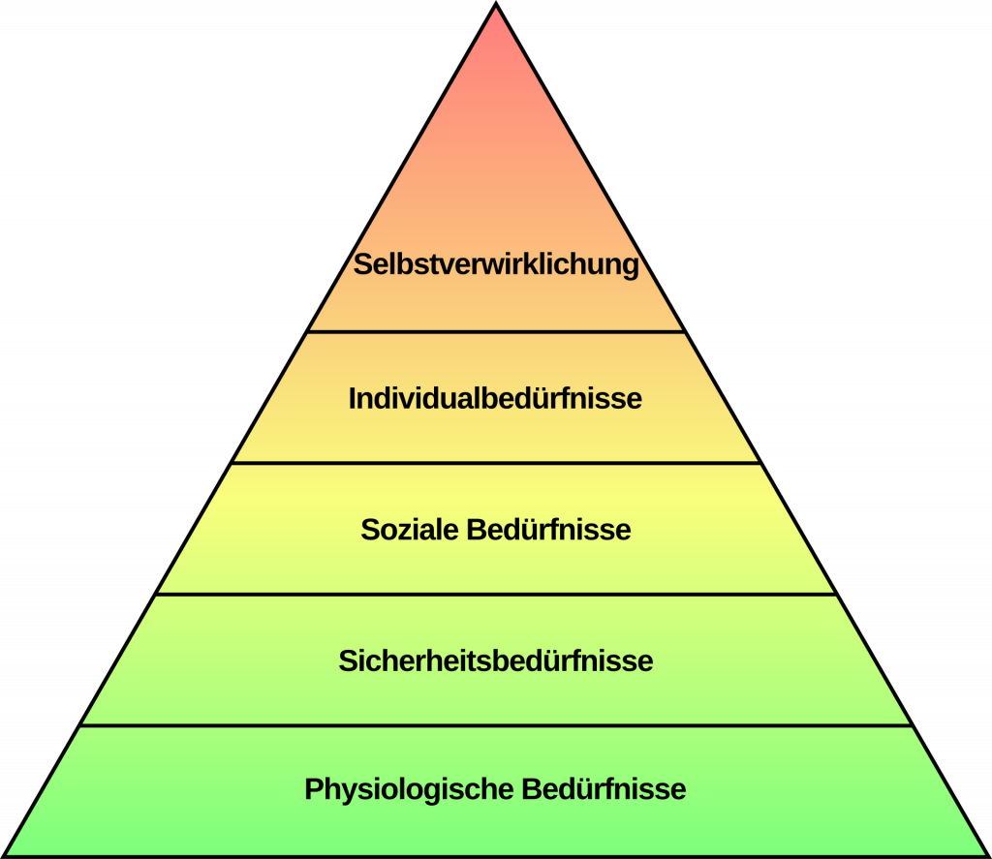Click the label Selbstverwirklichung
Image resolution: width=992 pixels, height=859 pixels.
pos(496,264)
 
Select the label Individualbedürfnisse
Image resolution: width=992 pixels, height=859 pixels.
pos(495,398)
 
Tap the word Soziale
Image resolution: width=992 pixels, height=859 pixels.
pos(410,530)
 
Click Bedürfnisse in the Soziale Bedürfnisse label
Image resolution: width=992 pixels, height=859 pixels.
pos(548,530)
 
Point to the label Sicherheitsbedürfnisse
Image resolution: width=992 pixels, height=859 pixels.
pos(496,660)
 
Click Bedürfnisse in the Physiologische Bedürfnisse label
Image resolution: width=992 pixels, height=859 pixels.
pos(604,789)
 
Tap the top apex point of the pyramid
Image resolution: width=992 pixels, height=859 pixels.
pos(496,4)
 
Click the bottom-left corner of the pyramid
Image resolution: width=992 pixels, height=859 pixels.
pos(4,856)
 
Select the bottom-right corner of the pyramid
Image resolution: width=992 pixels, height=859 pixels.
pos(987,856)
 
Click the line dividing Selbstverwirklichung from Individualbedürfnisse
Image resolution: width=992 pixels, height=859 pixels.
pos(496,331)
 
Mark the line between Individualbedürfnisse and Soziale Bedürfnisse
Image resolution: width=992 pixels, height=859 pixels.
pos(496,463)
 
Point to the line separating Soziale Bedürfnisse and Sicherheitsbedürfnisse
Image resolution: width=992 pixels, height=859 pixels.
pos(496,595)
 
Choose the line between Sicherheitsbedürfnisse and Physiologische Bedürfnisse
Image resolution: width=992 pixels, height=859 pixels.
pos(496,725)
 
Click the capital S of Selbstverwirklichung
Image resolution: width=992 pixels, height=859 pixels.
pos(362,264)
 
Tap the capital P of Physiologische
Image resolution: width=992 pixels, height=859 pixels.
pos(315,789)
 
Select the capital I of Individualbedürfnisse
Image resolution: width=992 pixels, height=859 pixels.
pos(352,398)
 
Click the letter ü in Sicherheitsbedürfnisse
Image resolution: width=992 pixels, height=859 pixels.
pos(547,660)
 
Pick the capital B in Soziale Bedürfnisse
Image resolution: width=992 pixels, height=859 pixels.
pos(477,530)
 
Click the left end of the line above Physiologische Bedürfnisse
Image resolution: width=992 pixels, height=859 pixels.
pos(80,725)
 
